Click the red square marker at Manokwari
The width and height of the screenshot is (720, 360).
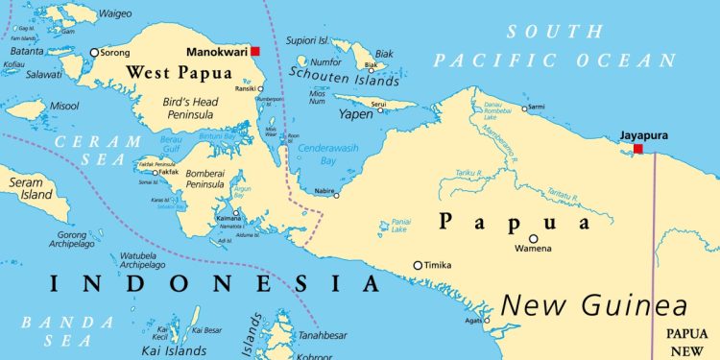pyautogui.click(x=255, y=51)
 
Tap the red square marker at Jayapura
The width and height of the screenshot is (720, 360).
pyautogui.click(x=638, y=149)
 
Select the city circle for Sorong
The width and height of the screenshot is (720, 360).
pyautogui.click(x=94, y=53)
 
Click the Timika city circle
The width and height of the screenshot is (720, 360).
pyautogui.click(x=418, y=265)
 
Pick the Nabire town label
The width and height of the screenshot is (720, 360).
pyautogui.click(x=324, y=192)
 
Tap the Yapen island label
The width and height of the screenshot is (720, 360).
pyautogui.click(x=355, y=114)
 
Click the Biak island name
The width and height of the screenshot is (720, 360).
pyautogui.click(x=384, y=54)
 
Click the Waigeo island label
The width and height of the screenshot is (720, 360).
pyautogui.click(x=115, y=13)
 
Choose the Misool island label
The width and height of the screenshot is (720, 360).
pyautogui.click(x=65, y=107)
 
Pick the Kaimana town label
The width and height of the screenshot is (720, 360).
pyautogui.click(x=229, y=220)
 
